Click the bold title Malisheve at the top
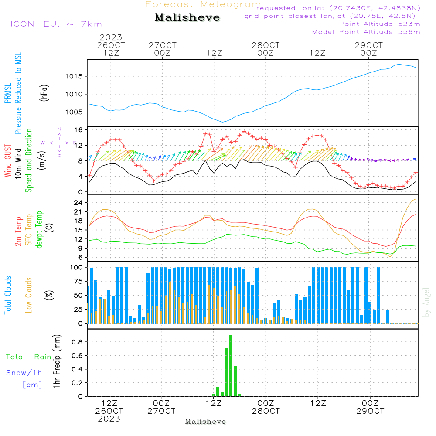(x=187, y=18)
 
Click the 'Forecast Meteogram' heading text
(x=203, y=4)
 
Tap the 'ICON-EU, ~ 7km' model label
(x=56, y=24)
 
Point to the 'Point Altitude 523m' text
(x=379, y=24)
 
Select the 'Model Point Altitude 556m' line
(x=366, y=32)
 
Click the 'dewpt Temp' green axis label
(x=39, y=230)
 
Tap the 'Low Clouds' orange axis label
(x=29, y=295)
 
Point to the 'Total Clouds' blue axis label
(x=8, y=295)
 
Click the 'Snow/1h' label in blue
(x=24, y=373)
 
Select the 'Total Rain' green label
(x=28, y=357)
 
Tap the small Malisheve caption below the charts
(x=205, y=422)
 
